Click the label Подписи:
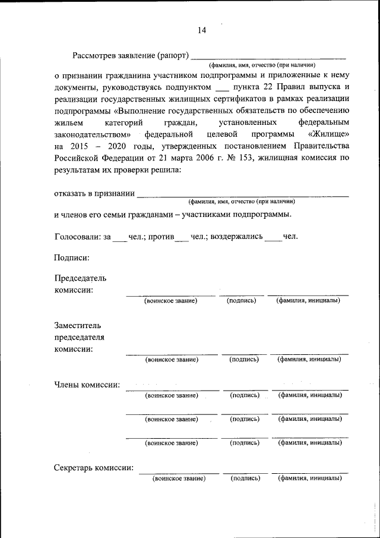point(72,257)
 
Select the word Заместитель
point(78,326)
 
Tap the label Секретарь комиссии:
point(93,467)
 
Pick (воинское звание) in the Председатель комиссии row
point(171,301)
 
